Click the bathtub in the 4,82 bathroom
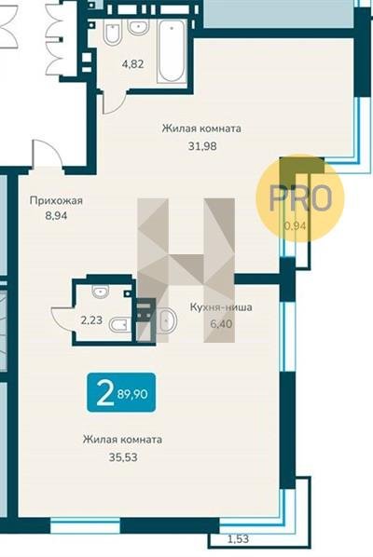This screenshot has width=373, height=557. tap(172, 52)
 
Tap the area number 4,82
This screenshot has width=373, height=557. tap(132, 64)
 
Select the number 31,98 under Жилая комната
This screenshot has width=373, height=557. tap(202, 146)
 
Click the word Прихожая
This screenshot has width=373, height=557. tap(56, 200)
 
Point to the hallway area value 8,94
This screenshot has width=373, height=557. tap(56, 215)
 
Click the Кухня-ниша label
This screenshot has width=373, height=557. tap(221, 307)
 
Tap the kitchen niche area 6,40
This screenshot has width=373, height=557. tap(221, 324)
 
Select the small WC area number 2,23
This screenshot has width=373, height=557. tap(91, 320)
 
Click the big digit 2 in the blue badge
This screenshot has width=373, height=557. tap(104, 392)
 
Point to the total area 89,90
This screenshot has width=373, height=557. tap(132, 394)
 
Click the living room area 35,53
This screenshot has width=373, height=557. tap(123, 457)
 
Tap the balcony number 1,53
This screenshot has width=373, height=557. tap(238, 539)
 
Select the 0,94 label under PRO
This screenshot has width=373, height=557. tap(295, 225)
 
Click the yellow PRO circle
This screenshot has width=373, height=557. tap(300, 198)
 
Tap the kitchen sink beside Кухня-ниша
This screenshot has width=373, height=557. tap(166, 320)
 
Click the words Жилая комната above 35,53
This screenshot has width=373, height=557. tap(123, 440)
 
